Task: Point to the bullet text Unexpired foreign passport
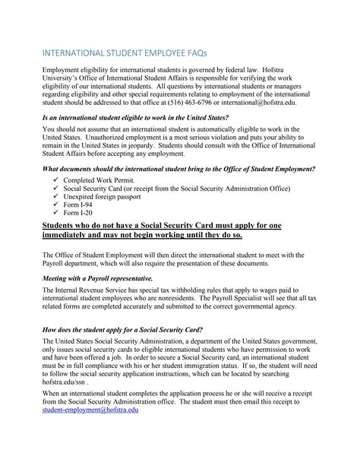[x=99, y=196]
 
